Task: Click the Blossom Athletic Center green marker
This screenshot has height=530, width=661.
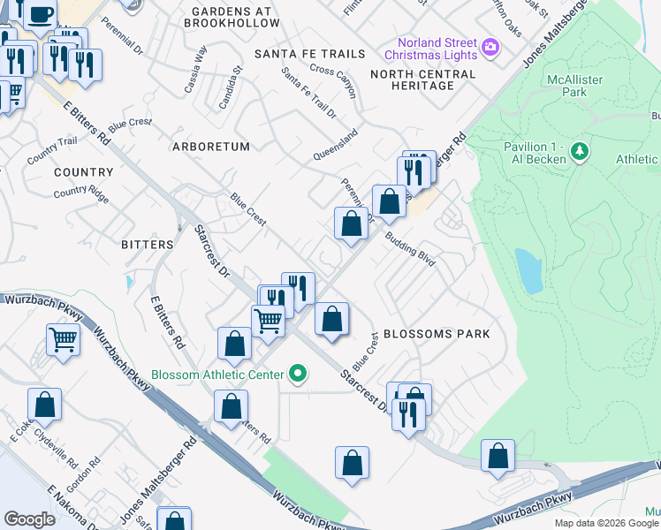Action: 298,375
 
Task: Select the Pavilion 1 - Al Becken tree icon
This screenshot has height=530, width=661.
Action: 580,152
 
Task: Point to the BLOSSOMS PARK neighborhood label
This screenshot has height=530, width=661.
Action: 436,335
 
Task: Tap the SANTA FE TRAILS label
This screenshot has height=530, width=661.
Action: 309,54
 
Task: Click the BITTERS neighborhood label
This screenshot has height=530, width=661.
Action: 147,244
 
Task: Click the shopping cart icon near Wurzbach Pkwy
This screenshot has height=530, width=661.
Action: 63,338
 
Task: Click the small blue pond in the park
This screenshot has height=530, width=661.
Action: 528,270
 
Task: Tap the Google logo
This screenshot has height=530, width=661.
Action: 29,519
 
